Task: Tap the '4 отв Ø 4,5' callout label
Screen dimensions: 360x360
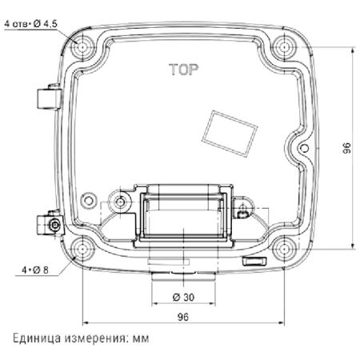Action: [32, 25]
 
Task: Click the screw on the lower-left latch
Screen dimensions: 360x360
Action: [54, 226]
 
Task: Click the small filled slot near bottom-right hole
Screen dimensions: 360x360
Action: [252, 262]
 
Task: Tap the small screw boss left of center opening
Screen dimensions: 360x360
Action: [121, 199]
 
